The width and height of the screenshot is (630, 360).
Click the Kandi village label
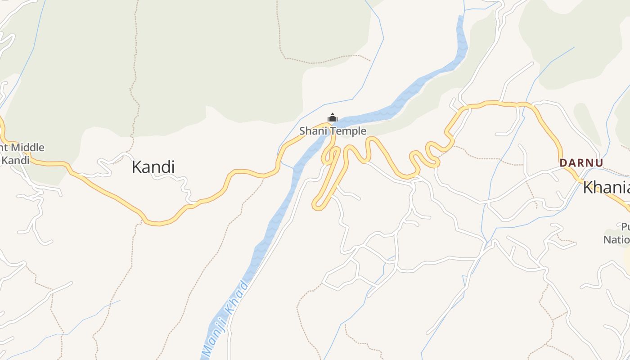153,167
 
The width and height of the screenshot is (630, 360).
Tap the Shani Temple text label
333,131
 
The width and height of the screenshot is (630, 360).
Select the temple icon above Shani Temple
333,118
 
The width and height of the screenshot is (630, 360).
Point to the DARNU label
581,163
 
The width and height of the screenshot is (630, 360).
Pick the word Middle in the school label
27,148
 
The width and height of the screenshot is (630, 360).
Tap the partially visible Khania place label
607,188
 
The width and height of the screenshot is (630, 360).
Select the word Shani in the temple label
311,131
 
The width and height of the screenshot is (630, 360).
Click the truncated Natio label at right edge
616,239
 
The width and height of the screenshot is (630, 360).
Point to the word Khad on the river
237,295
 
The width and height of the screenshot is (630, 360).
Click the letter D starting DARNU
562,163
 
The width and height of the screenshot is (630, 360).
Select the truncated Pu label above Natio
625,227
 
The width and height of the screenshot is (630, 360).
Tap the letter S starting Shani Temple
303,131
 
